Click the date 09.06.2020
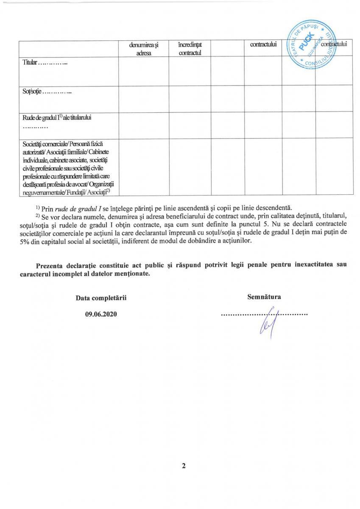click(100, 314)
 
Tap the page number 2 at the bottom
click(184, 466)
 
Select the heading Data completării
click(101, 298)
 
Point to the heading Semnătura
click(264, 297)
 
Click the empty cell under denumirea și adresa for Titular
click(144, 71)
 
